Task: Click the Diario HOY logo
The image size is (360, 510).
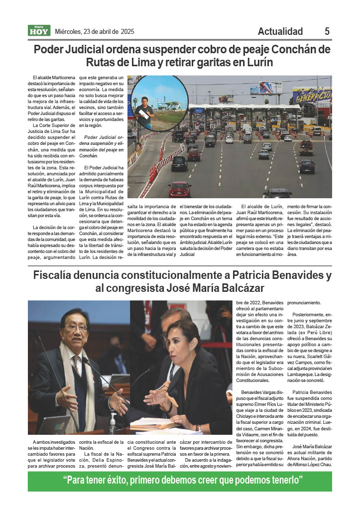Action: [x=38, y=31]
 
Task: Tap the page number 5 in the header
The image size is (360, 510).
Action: [x=327, y=31]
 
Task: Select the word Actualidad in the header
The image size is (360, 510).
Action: [x=280, y=31]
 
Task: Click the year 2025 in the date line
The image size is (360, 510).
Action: [x=127, y=31]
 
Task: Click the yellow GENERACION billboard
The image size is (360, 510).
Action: [x=312, y=95]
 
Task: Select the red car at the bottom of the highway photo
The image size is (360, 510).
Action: [x=180, y=188]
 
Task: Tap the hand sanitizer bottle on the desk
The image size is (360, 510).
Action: [x=113, y=422]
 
